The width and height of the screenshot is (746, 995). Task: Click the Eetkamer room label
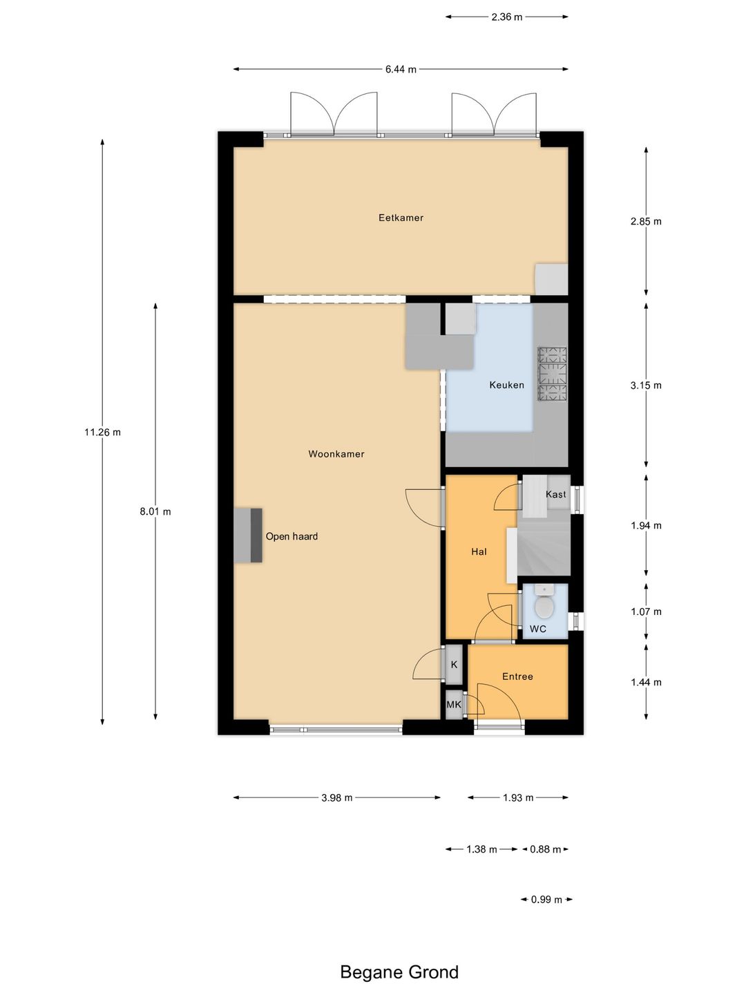point(401,218)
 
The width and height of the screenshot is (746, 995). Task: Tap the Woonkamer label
point(336,454)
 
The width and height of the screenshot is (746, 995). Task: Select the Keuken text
point(506,385)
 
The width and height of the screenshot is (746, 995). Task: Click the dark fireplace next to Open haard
point(256,536)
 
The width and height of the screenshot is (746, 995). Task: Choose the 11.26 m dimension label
point(102,432)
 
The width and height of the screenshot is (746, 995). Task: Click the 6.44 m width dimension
point(401,69)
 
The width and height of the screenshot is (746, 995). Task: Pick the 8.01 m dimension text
point(155,512)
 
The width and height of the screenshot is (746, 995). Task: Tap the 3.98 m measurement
point(336,798)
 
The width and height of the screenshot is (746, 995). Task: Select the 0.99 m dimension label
point(546,900)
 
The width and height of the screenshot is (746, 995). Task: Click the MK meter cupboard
point(454,704)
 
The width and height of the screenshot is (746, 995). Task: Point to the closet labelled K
point(454,665)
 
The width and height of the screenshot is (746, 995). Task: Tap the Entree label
point(517,676)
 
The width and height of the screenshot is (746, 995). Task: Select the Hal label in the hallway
point(479,551)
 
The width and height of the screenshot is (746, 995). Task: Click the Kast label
point(556,494)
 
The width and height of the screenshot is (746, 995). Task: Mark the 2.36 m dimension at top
point(507,17)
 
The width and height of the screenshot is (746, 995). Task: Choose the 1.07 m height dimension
point(646,612)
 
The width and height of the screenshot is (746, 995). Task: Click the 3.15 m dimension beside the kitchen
point(646,386)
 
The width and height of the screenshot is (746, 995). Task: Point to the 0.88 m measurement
point(546,849)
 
